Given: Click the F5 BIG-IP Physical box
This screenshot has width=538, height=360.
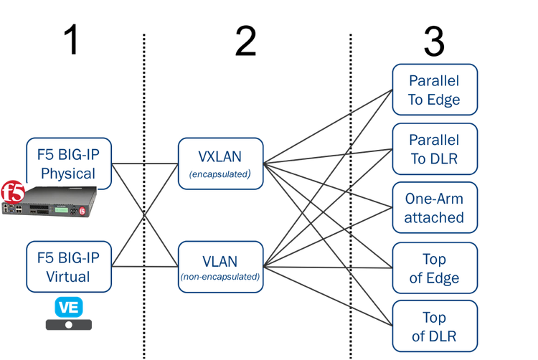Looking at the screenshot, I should coord(70,163).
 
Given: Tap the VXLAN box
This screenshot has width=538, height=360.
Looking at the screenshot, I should coord(221,163).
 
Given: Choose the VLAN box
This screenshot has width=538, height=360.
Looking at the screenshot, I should coord(221,266).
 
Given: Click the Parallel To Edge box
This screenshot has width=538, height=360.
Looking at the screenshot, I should coord(434,90).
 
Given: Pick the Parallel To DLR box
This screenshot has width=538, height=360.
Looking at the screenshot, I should coord(434,148).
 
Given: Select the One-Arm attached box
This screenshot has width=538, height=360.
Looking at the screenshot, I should coord(434,208).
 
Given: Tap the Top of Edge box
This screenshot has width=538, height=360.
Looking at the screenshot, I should coord(434,268).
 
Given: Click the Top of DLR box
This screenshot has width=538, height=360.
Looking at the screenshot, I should coord(434,326).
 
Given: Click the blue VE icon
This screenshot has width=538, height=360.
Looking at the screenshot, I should coord(69,307).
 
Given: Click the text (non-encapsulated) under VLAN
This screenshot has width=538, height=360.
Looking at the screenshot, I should coord(221,276).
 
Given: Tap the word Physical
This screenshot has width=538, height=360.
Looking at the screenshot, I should coord(68,174).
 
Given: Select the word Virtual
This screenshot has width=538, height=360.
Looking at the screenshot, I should coord(69,276).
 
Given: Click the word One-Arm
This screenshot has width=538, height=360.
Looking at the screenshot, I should coord(434,199).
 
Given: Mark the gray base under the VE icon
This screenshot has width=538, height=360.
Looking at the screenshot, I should coord(69,325).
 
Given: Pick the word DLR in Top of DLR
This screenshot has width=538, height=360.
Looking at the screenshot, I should coord(444,336).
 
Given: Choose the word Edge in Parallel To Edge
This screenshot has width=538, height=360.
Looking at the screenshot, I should coord(443,100).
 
